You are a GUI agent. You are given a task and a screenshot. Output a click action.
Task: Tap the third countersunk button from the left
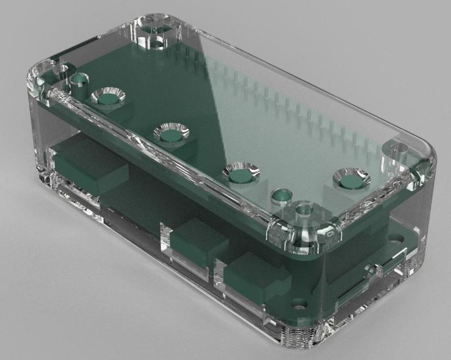tap(240, 173)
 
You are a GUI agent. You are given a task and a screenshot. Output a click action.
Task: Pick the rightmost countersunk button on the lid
tap(351, 180)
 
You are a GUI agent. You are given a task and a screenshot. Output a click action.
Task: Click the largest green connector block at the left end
tap(90, 166)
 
